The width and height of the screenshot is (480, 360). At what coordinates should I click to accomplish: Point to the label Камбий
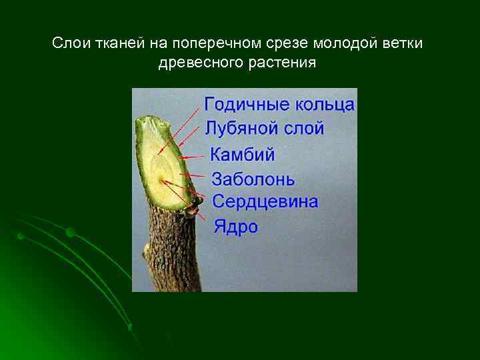(x=243, y=155)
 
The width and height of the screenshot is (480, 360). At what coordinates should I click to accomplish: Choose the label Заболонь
(x=253, y=179)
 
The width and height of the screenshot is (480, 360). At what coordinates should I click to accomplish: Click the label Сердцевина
(x=265, y=201)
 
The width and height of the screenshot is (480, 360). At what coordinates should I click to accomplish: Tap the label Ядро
(x=235, y=227)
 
